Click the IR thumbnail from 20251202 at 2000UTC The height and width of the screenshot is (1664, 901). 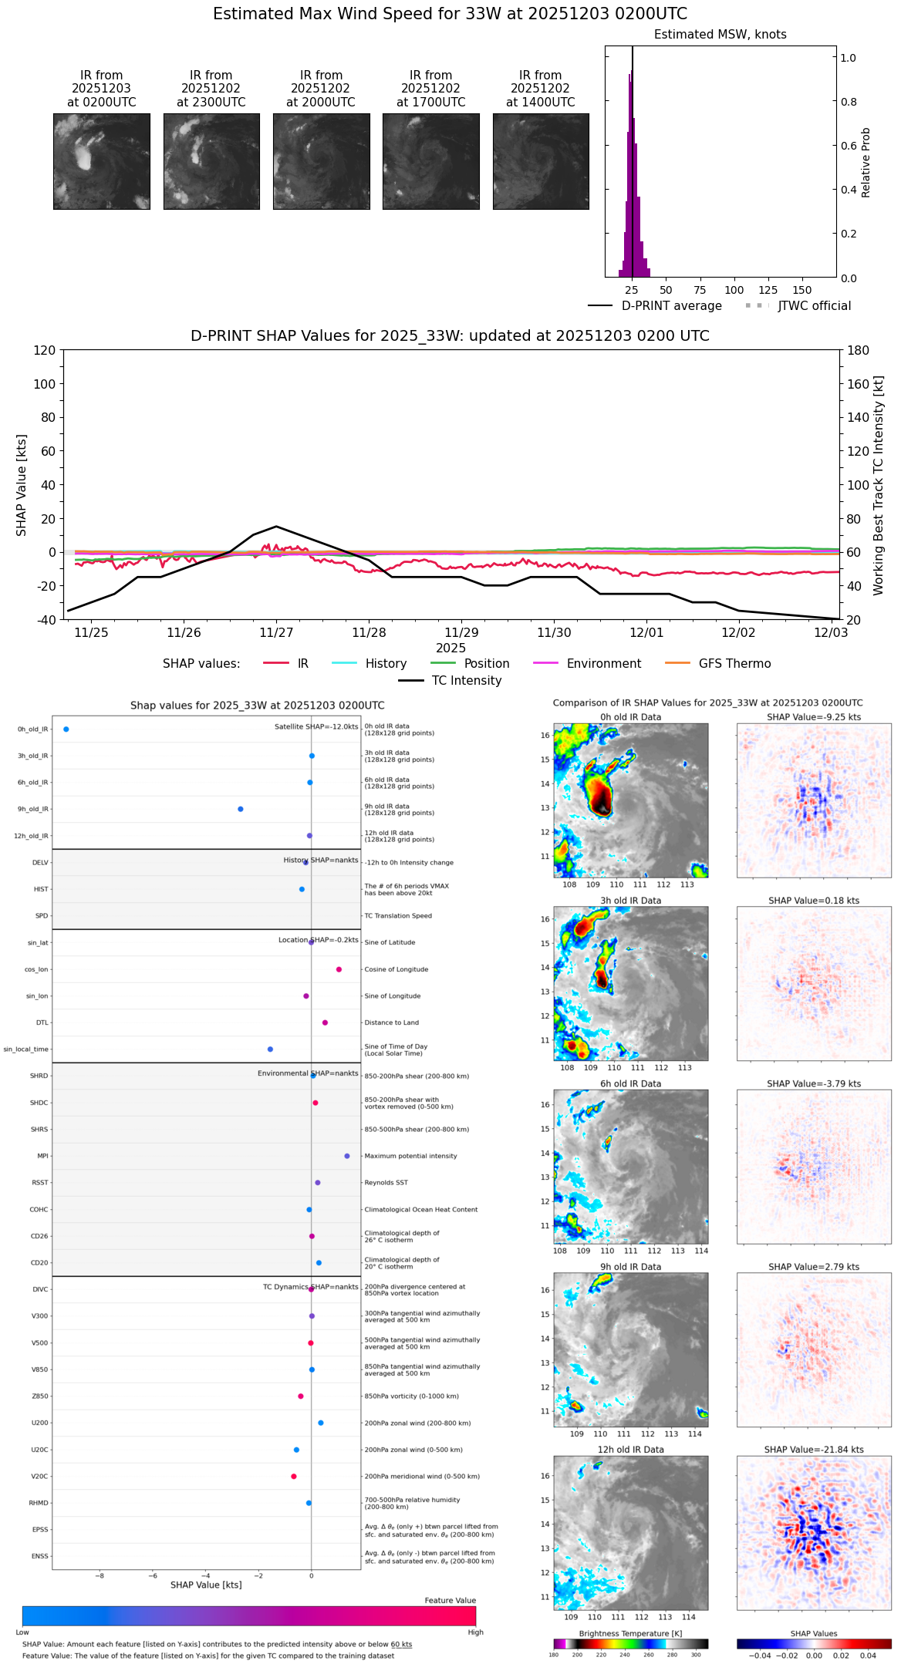(321, 161)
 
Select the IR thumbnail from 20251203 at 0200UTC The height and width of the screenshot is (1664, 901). (101, 161)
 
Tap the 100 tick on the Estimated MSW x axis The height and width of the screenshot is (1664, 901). (734, 290)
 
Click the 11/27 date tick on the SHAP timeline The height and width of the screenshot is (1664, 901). (276, 632)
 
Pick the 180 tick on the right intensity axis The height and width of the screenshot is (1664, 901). (859, 350)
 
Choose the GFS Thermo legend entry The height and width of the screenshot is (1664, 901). (734, 664)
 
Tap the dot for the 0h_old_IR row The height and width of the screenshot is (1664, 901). (66, 729)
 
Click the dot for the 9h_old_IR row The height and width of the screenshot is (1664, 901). (241, 809)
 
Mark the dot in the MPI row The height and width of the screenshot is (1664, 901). (347, 1156)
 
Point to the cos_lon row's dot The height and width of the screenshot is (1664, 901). (339, 969)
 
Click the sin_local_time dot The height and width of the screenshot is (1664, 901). (270, 1049)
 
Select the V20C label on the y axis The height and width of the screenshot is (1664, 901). (39, 1477)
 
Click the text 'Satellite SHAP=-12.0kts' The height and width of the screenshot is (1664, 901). (316, 727)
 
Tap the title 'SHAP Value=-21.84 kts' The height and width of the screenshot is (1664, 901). (814, 1450)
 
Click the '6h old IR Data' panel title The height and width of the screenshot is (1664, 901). (630, 1083)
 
